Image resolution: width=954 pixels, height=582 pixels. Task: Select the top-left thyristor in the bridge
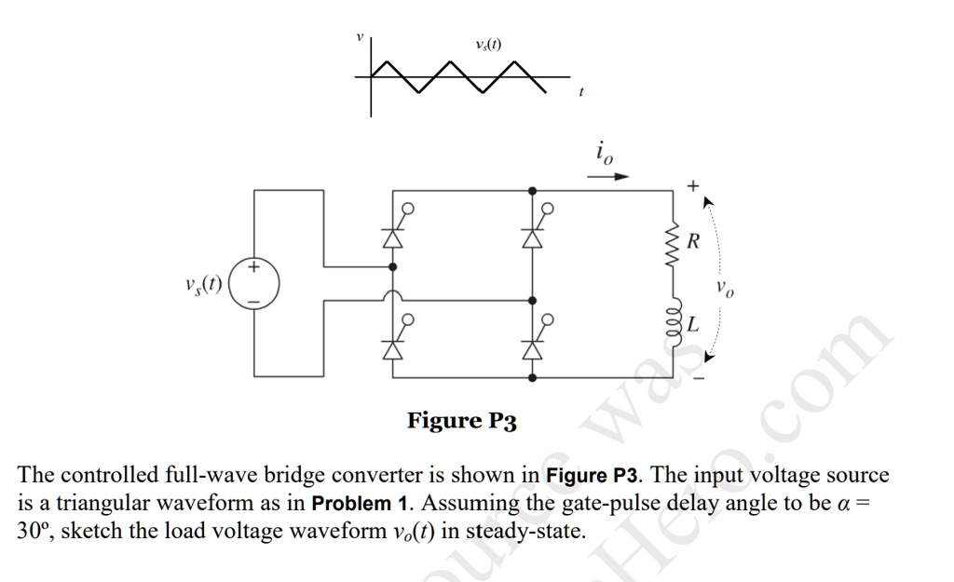point(392,237)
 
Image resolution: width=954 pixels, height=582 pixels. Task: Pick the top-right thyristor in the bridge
point(532,237)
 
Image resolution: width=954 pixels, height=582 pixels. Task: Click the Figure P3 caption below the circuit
point(461,421)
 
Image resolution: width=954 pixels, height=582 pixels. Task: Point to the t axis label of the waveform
point(580,92)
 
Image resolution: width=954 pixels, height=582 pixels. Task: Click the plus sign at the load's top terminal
point(691,186)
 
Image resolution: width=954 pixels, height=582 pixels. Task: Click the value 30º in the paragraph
point(34,532)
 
